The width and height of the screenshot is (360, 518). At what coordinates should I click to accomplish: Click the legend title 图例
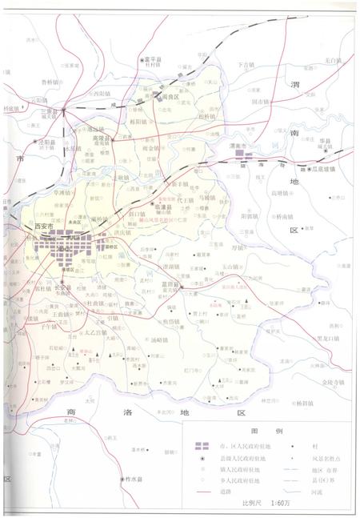coord(258,429)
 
